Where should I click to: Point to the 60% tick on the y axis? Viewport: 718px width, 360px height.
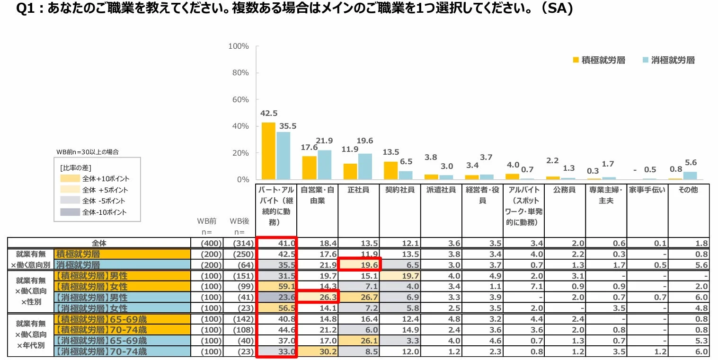pos(239,100)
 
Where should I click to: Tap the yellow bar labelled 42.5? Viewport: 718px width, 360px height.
pos(268,151)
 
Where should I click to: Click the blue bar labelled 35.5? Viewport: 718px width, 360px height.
pos(284,156)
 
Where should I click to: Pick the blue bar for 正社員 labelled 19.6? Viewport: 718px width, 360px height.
pos(365,167)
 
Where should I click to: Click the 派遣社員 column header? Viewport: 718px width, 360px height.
pos(441,190)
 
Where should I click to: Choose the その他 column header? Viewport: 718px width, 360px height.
pos(688,190)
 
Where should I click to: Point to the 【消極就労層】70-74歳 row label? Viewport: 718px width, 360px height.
pos(101,351)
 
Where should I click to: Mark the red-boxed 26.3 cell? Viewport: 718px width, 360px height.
pos(318,297)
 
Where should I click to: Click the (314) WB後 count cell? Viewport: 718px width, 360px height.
pos(237,243)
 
